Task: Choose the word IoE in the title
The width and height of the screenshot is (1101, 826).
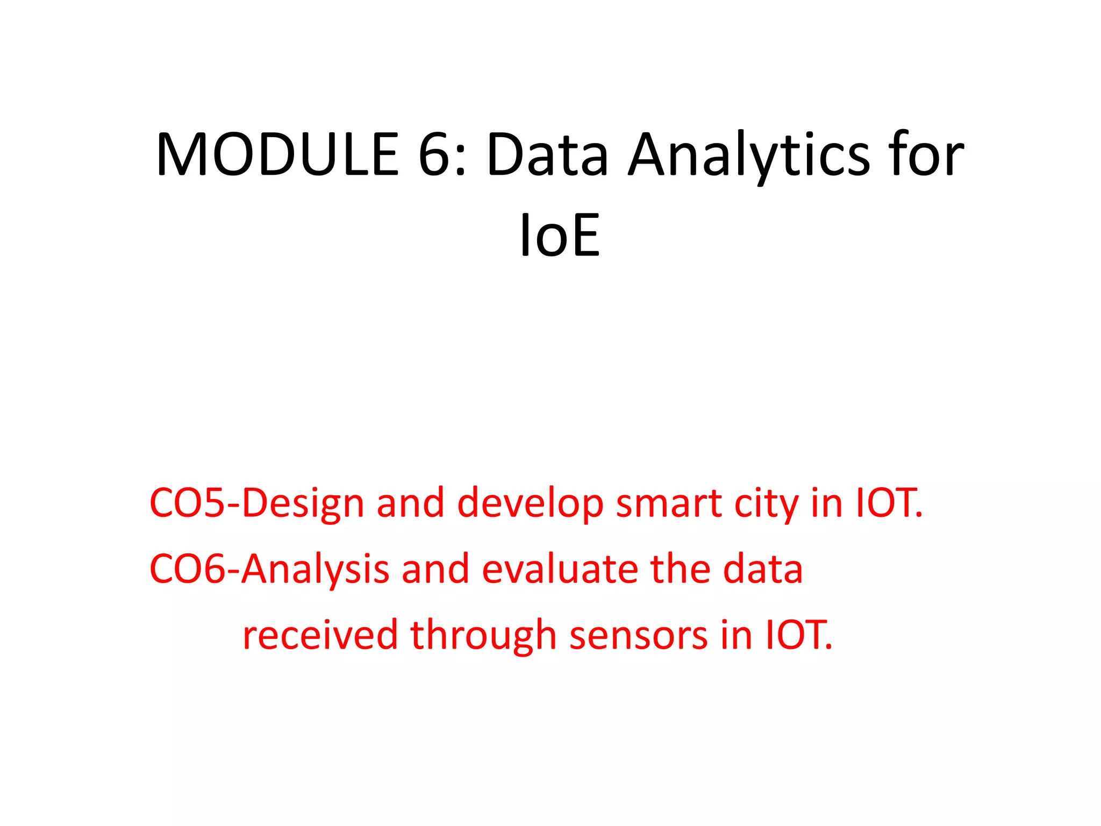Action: click(x=560, y=236)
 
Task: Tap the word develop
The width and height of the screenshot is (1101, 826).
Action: click(x=530, y=503)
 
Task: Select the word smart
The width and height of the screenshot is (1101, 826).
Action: click(x=668, y=503)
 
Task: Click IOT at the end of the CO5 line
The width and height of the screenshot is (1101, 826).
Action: click(x=888, y=503)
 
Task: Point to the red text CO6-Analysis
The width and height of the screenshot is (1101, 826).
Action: click(x=269, y=569)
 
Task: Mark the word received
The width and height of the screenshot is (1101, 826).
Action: click(x=320, y=635)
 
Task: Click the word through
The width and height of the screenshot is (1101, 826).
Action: click(x=483, y=635)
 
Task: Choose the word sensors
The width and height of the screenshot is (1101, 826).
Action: click(x=639, y=635)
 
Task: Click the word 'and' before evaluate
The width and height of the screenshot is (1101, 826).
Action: click(x=435, y=569)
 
